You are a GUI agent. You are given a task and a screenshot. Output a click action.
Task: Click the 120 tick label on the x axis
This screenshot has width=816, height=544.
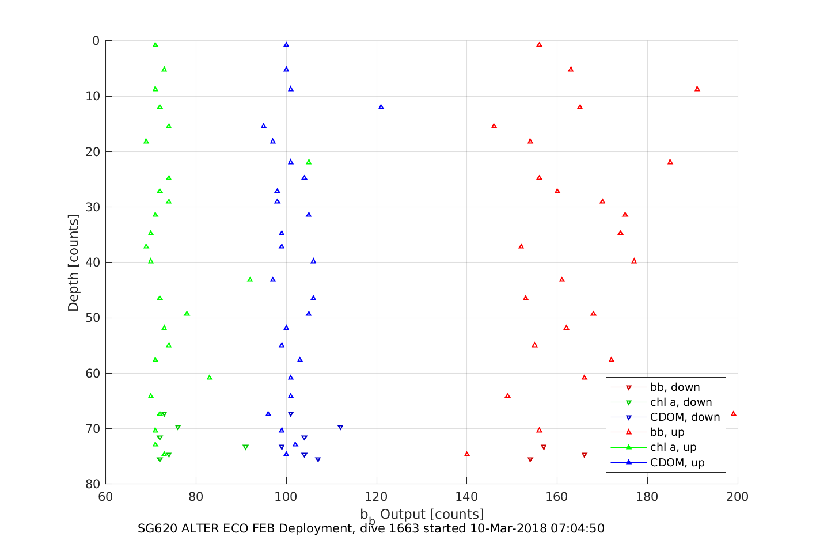tap(377, 497)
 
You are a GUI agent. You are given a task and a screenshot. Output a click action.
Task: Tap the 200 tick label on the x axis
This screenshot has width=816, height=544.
tap(738, 497)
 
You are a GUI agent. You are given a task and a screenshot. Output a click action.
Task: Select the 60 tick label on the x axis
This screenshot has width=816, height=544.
tap(105, 497)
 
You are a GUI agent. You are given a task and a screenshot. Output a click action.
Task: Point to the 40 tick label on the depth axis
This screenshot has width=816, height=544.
tap(93, 263)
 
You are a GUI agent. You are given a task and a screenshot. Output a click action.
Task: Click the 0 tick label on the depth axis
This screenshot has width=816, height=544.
tap(96, 41)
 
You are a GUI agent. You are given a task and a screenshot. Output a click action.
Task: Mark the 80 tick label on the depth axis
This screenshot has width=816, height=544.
tap(93, 484)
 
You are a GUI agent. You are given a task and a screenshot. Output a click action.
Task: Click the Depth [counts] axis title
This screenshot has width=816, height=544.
tap(73, 263)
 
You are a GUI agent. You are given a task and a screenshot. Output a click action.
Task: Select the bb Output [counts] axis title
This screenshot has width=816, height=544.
tap(422, 515)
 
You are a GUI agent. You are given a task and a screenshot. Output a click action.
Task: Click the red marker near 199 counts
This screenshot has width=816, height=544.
tap(733, 413)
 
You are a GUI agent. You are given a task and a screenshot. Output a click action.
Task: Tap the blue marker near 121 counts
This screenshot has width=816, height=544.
tap(381, 107)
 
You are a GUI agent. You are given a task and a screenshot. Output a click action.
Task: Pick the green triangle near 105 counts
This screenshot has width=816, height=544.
tap(309, 162)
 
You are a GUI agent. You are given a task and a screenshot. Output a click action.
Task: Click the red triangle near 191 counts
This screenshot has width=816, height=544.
tap(697, 89)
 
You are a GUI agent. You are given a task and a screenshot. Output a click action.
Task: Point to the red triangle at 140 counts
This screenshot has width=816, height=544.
tap(466, 454)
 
